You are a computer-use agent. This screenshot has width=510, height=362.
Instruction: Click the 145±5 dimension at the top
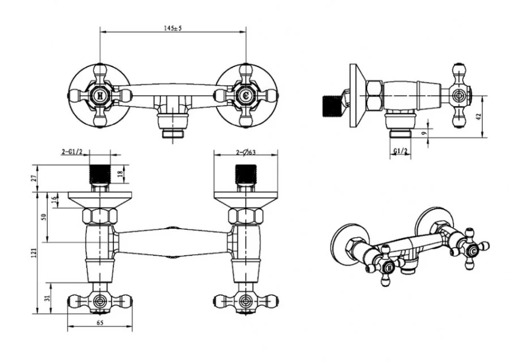(x=173, y=26)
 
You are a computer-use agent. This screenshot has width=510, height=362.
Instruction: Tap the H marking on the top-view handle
(x=100, y=95)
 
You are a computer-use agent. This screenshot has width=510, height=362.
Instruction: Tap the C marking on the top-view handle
(x=245, y=95)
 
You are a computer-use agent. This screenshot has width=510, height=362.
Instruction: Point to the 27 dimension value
(x=34, y=178)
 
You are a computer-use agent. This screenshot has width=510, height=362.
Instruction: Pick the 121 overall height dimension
(x=34, y=252)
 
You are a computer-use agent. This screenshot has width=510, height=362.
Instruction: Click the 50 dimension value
(x=44, y=217)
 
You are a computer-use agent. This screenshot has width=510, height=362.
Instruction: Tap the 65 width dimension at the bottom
(x=100, y=323)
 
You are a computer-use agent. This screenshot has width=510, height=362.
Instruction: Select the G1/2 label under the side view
(x=400, y=150)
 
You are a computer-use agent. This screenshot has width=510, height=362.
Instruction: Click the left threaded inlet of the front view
(x=101, y=174)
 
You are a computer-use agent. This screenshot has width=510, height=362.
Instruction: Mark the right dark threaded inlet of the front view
(x=245, y=174)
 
